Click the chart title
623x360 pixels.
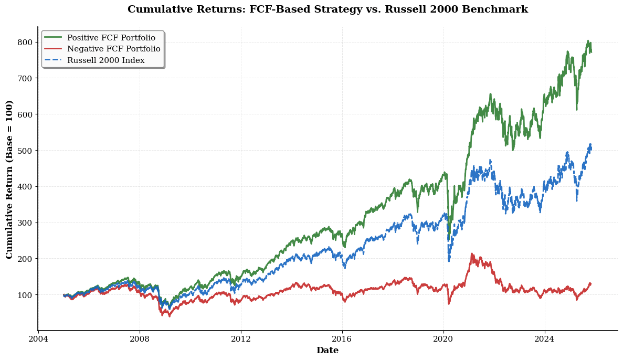(328, 9)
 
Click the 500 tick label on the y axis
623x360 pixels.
(26, 151)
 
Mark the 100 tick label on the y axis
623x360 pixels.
(26, 295)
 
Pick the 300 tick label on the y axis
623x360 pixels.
(26, 223)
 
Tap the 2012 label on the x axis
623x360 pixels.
(241, 339)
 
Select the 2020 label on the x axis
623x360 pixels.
(444, 339)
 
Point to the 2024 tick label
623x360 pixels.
(545, 339)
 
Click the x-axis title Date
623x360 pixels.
(328, 351)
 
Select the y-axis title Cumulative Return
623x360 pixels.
(9, 179)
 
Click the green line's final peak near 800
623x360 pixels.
(588, 41)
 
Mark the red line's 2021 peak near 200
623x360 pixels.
(472, 254)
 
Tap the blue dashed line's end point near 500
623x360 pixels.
(590, 144)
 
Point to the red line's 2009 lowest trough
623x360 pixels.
(169, 316)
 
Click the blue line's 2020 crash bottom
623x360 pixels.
(449, 260)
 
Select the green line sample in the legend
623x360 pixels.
(52, 38)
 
